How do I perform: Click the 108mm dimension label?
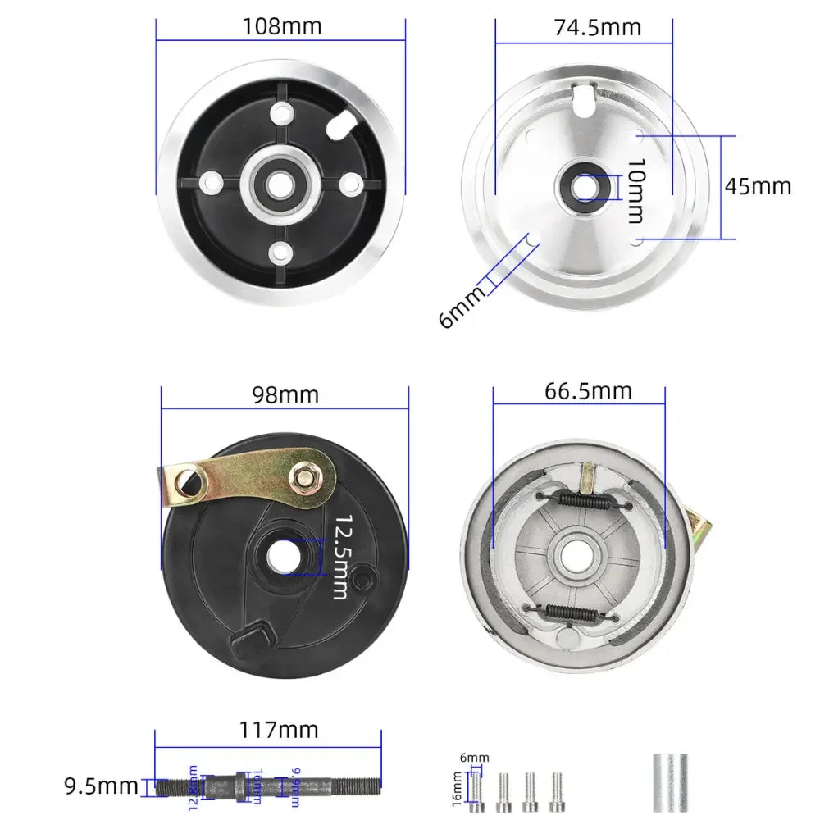tap(282, 26)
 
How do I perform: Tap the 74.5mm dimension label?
tap(596, 26)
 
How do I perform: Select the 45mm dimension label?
tap(758, 185)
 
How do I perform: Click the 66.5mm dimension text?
tap(588, 390)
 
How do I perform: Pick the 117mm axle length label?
tap(279, 728)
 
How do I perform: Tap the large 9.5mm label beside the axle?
tap(101, 787)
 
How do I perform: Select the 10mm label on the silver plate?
tap(635, 192)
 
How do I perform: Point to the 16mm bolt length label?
tap(456, 788)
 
